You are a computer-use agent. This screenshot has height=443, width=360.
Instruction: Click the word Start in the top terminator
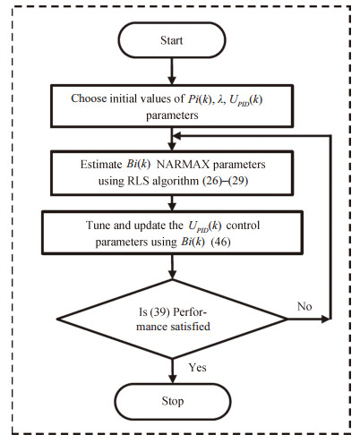point(171,40)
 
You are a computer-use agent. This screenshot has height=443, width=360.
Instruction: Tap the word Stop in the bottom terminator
point(173,401)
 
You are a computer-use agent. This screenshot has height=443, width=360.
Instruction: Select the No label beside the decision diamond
point(304,306)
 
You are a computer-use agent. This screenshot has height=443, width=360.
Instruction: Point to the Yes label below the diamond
point(197,368)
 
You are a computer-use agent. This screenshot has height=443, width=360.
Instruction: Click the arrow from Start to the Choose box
point(172,71)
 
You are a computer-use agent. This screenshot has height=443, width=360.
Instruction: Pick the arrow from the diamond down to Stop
point(172,371)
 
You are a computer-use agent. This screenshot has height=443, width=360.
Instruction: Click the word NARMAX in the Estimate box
point(183,165)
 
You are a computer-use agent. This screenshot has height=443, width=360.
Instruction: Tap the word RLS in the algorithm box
point(138,181)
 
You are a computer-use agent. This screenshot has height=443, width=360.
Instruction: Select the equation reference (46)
point(220,242)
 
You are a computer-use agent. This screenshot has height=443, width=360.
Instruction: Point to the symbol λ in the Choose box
point(220,99)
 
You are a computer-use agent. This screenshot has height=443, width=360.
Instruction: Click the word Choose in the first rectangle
point(89,98)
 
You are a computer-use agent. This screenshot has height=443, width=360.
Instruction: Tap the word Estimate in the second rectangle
point(101,165)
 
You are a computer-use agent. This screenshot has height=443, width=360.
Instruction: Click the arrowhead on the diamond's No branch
point(325,319)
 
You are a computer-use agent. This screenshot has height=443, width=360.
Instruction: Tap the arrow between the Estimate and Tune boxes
point(172,203)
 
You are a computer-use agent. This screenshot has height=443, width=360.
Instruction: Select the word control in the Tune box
point(243,226)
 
